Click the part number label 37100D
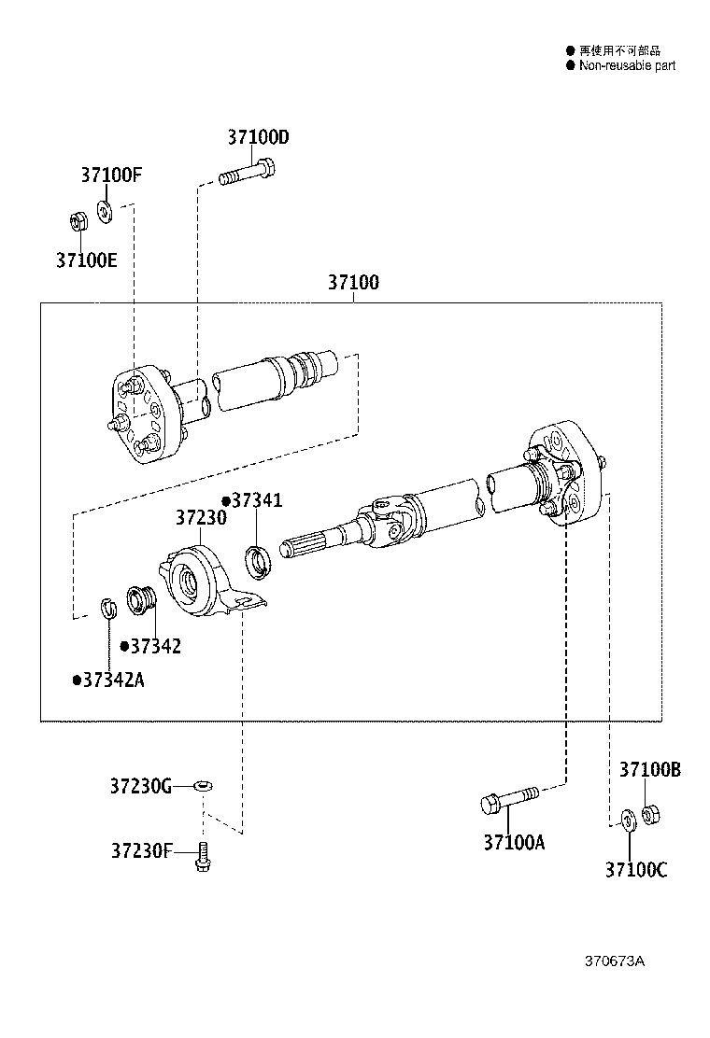258,137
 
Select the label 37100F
111,175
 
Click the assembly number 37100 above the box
353,282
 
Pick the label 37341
255,500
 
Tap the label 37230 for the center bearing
201,517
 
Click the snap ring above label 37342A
108,610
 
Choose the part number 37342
154,646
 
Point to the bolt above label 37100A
507,799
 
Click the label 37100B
649,769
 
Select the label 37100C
636,870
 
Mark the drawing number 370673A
615,961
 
